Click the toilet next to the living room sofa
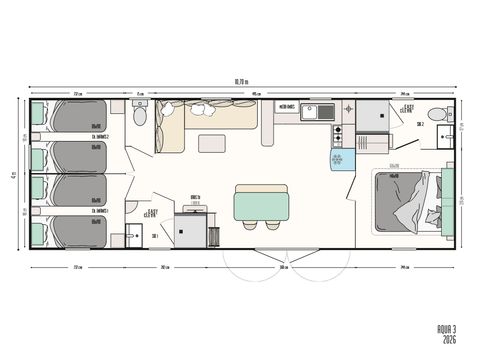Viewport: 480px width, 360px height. [x=140, y=115]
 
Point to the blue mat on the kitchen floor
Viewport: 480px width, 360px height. [x=336, y=159]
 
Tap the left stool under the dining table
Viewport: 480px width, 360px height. [x=249, y=225]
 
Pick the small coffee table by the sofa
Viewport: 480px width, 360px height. [x=211, y=143]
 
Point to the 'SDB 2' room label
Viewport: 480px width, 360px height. [x=422, y=127]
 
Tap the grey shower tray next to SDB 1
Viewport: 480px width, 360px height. [x=189, y=229]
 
